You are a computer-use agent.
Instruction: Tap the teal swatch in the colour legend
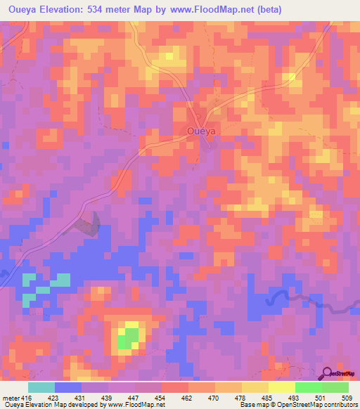click(41, 388)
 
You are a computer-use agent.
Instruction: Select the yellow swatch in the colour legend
click(282, 388)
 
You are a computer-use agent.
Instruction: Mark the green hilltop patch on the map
click(128, 337)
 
